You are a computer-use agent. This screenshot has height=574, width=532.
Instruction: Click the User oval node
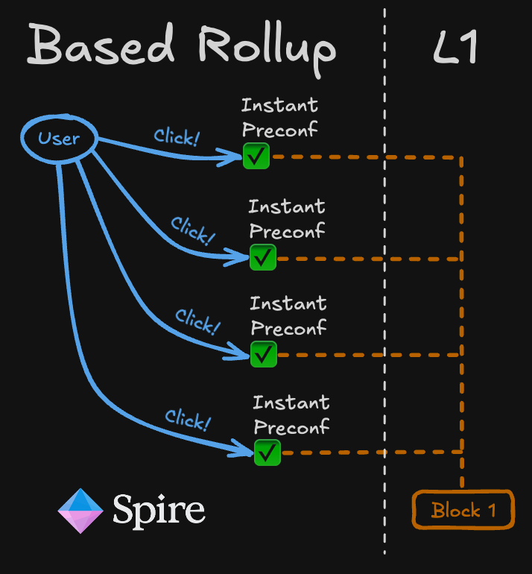[x=59, y=138]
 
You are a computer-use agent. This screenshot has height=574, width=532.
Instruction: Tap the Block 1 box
[x=463, y=510]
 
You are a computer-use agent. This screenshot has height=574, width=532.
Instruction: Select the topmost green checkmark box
[x=256, y=157]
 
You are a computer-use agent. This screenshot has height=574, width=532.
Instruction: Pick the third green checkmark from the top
[x=263, y=354]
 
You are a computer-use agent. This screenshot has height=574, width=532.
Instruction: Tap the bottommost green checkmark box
[x=267, y=452]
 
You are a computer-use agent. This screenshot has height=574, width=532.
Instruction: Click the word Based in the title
[x=101, y=46]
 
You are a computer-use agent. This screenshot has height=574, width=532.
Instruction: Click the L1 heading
[x=455, y=48]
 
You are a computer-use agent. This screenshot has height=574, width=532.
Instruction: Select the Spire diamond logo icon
[x=80, y=511]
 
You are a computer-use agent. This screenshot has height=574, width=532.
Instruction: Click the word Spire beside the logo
[x=159, y=511]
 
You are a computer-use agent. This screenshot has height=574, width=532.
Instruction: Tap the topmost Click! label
[x=177, y=136]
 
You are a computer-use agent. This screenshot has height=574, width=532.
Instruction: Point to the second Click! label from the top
[x=192, y=231]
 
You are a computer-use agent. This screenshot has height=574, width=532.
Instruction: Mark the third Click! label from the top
[x=197, y=321]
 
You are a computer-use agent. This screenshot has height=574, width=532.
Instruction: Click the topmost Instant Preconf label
[x=279, y=116]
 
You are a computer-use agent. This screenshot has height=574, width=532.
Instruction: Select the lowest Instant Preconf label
[x=291, y=415]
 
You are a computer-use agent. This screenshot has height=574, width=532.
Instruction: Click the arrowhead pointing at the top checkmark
[x=232, y=157]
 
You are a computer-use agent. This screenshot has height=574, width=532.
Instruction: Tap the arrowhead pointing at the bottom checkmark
[x=244, y=450]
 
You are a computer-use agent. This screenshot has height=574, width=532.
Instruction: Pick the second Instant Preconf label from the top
[x=287, y=218]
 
